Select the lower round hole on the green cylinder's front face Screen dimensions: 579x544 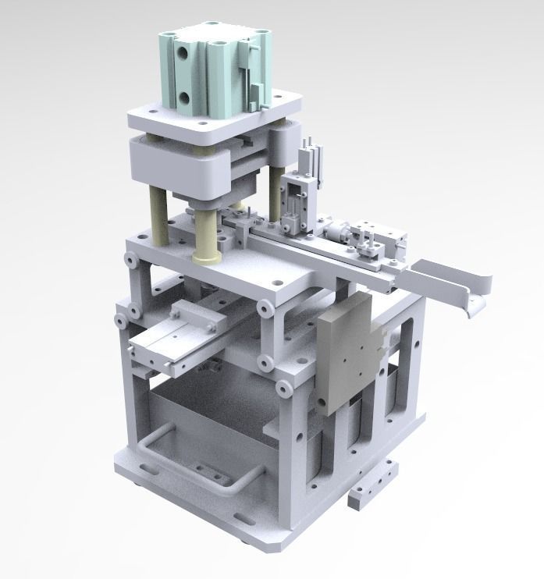184,97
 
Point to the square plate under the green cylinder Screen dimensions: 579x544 215,117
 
